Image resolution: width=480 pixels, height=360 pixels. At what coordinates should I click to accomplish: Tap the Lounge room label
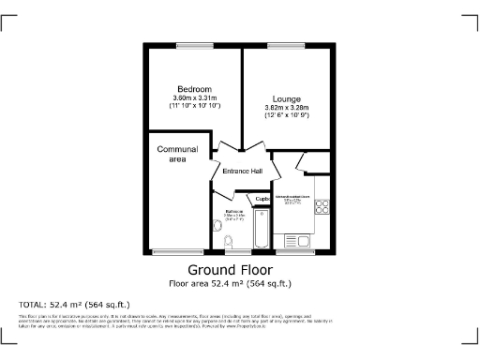tap(287, 98)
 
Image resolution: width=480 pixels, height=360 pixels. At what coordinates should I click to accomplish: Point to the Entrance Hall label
tap(242, 171)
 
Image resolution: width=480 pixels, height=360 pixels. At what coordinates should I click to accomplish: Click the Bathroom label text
tap(234, 212)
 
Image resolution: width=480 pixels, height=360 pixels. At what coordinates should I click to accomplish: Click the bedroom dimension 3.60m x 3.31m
tap(195, 98)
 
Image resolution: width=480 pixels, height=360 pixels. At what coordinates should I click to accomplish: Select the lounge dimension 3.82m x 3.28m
tap(287, 108)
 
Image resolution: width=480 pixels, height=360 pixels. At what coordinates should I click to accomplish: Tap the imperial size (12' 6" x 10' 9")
tap(287, 116)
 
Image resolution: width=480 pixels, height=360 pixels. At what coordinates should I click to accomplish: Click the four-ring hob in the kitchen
tap(321, 206)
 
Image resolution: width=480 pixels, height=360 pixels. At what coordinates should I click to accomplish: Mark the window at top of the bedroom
tap(194, 45)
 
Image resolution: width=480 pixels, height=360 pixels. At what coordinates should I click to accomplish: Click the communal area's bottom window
tap(172, 250)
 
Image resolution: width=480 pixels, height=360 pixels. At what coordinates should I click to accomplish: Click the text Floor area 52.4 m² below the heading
tap(230, 282)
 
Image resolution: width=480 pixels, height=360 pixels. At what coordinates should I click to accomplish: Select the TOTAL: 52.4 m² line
tap(74, 305)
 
